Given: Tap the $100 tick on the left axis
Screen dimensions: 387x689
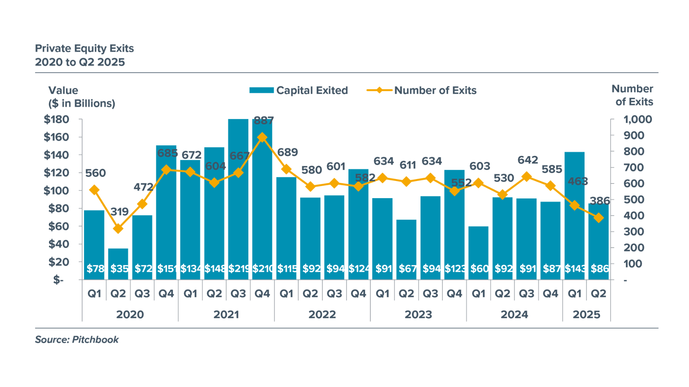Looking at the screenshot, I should pos(56,191).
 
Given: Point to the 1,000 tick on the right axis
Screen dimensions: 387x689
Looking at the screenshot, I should pos(637,119).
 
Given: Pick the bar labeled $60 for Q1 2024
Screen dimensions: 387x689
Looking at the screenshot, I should pos(478,253).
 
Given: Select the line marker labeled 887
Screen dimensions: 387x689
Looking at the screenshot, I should pos(262,138).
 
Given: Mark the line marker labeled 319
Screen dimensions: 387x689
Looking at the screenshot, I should pos(118,229).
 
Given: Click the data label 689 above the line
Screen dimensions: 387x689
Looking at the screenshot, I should pos(287,152).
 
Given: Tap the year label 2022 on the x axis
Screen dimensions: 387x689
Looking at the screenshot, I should pos(322,314).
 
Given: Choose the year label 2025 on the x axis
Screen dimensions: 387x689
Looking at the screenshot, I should pos(586,314).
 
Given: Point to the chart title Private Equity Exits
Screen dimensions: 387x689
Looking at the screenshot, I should pos(84,48).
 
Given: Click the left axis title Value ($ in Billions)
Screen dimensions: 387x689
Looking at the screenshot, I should pos(81,97).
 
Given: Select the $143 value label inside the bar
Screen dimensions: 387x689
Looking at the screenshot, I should pos(575,268).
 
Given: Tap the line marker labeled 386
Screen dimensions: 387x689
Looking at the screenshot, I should pos(598,218).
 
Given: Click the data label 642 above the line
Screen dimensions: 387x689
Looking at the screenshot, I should pos(528,160).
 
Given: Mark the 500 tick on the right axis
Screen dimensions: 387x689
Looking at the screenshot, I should pos(634,200).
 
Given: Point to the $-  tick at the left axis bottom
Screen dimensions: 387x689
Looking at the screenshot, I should pos(58,280).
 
